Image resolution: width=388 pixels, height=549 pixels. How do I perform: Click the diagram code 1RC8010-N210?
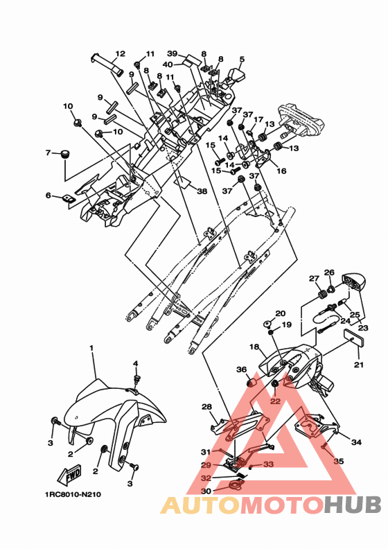(x=73, y=495)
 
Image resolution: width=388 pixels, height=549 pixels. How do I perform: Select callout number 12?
(x=120, y=53)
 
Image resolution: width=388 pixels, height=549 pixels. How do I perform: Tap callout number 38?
(x=202, y=191)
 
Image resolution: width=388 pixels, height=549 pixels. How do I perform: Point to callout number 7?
(x=48, y=152)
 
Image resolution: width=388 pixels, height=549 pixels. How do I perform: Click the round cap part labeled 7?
(x=64, y=154)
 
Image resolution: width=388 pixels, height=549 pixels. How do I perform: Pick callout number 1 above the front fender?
(x=91, y=348)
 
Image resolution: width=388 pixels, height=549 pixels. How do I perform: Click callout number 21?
(x=359, y=365)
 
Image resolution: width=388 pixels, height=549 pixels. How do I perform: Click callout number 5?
(x=242, y=59)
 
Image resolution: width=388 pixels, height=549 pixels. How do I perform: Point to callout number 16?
(x=281, y=171)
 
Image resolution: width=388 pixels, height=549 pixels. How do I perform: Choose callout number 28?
(x=206, y=406)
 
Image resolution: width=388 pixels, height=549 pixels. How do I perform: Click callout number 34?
(x=356, y=442)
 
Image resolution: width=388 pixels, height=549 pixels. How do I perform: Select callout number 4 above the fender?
(x=135, y=363)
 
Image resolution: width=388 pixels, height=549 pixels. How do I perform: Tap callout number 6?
(x=48, y=195)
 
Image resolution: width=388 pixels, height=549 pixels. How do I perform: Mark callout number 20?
(x=280, y=313)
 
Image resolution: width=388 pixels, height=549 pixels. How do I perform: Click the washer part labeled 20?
(x=268, y=323)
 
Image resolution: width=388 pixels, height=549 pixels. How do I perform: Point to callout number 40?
(x=168, y=64)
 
